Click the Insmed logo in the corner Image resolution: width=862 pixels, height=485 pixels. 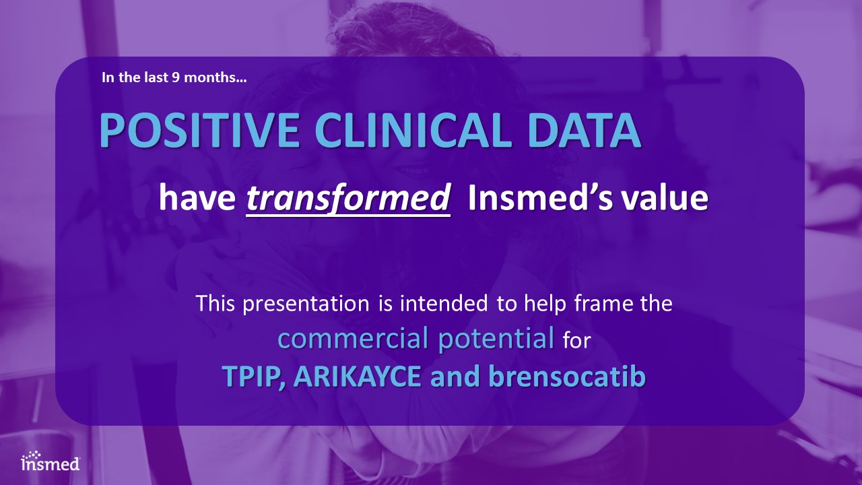[x=51, y=461]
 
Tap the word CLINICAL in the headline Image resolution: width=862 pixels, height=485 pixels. [x=413, y=130]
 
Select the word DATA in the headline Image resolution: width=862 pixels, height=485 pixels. [x=585, y=130]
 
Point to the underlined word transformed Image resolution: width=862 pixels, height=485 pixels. [x=348, y=199]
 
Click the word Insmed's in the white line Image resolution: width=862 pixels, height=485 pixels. [x=540, y=197]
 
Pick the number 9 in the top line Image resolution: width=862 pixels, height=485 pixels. [x=176, y=77]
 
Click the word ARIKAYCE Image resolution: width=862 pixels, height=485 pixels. [x=357, y=377]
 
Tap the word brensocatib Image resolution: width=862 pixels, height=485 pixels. [x=567, y=377]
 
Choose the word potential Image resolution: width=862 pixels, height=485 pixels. [x=496, y=339]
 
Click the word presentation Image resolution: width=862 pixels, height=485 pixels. [x=306, y=304]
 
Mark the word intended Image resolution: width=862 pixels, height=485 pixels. [x=444, y=303]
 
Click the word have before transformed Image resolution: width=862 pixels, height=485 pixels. [x=197, y=197]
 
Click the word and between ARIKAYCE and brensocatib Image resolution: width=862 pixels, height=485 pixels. [x=455, y=377]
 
